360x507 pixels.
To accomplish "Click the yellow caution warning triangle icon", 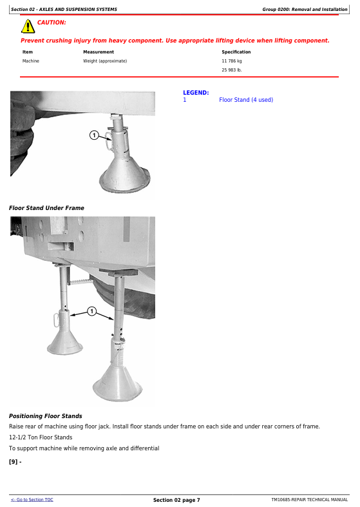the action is (x=28, y=26).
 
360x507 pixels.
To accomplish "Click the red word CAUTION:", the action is (x=52, y=23).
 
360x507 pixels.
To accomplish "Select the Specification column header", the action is (x=236, y=52).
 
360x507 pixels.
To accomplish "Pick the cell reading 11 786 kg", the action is (x=232, y=61).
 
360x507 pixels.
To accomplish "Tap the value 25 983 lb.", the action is (x=232, y=70).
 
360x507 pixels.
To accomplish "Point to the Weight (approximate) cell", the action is (x=105, y=61).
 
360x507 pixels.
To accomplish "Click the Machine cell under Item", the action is (x=31, y=61).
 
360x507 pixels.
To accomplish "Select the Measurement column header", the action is (x=99, y=52).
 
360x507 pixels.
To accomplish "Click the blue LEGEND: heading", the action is (x=196, y=93).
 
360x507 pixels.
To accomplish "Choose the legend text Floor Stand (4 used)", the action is (x=246, y=100).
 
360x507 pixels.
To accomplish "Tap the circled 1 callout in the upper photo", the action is (x=94, y=135).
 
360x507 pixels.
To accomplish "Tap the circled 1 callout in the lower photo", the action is (x=92, y=311).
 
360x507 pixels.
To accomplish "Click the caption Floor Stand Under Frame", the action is (x=46, y=208).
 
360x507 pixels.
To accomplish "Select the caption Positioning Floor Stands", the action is (x=46, y=416).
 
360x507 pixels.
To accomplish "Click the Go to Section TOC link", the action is (x=32, y=499).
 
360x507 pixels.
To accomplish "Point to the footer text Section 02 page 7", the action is (x=176, y=500).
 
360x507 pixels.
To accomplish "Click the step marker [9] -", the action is (x=15, y=462).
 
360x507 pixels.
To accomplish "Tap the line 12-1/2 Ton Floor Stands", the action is (x=41, y=437).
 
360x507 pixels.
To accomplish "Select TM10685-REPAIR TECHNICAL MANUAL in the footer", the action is (x=310, y=499).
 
